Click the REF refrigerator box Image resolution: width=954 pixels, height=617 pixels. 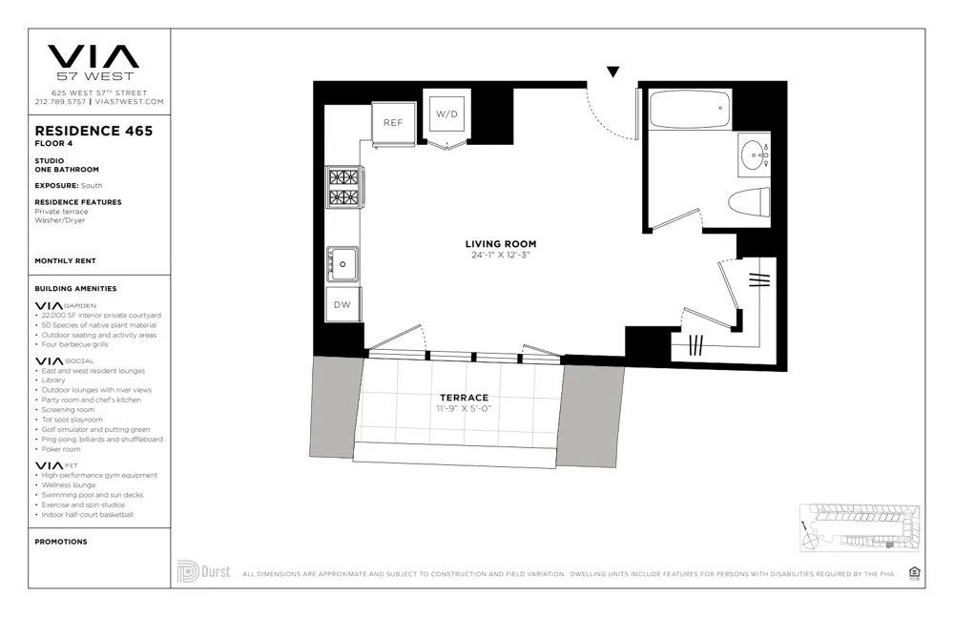point(393,122)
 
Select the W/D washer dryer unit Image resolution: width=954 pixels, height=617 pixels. point(446,114)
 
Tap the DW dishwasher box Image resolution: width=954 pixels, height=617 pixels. point(342,305)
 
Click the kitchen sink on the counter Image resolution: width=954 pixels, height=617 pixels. point(342,261)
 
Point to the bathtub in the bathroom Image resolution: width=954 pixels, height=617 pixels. point(690,109)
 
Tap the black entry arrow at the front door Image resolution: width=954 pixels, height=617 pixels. point(613,72)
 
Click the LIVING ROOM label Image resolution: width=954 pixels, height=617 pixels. point(501,244)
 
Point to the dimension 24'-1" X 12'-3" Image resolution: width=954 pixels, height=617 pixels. point(501,256)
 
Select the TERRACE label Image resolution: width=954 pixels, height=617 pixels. point(464,398)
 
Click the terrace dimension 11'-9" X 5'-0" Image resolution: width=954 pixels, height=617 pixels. point(464,409)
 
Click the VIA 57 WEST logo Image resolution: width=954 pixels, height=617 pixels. point(93,61)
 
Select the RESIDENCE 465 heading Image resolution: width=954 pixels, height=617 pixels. point(93,131)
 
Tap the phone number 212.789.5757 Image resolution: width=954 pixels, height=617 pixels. point(60,101)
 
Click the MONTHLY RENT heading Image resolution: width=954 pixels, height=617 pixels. point(65,260)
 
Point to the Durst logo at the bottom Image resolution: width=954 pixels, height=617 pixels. point(202,572)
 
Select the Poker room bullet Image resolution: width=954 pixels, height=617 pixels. point(62,449)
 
